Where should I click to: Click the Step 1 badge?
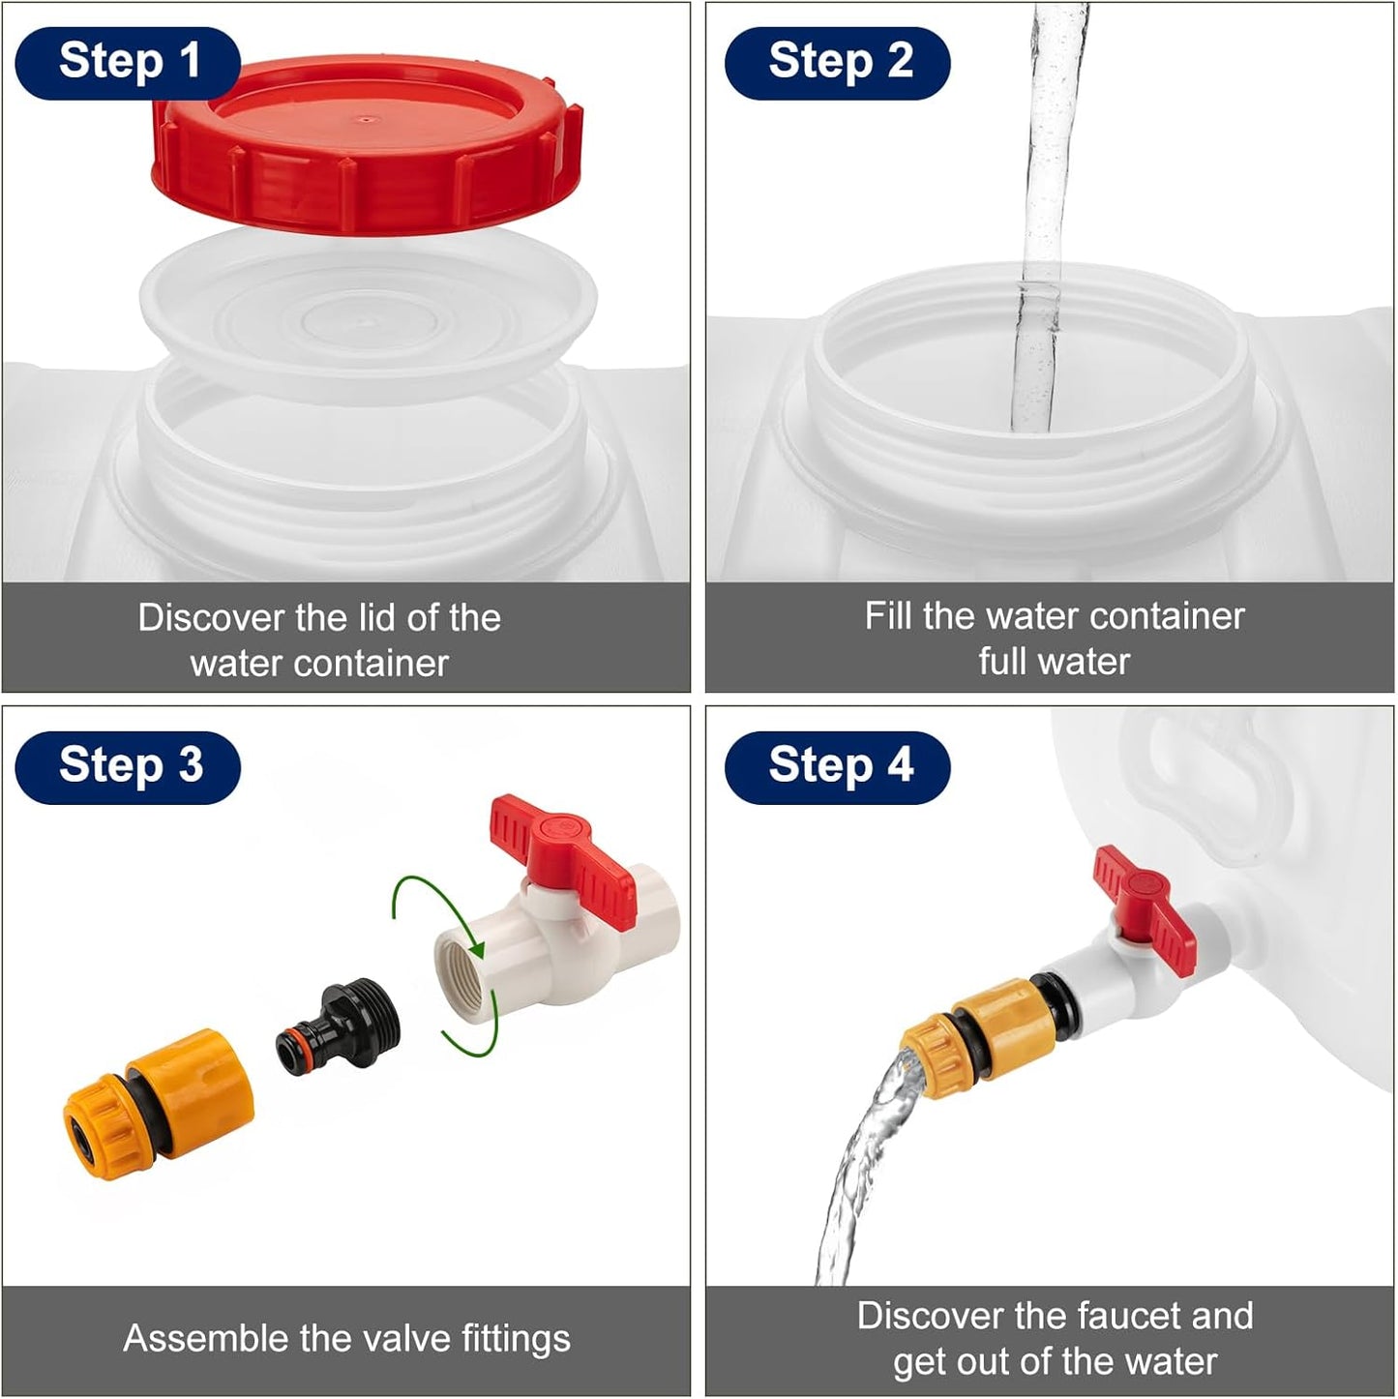[x=128, y=63]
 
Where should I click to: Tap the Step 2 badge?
[x=837, y=63]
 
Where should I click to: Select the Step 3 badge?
[x=128, y=767]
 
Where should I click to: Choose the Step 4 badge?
[x=837, y=767]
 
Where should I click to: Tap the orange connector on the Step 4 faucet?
[x=980, y=1035]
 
